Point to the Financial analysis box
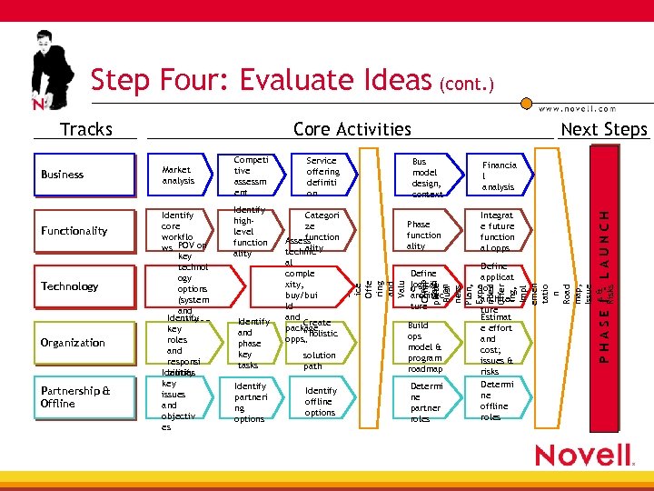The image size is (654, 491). coord(498,175)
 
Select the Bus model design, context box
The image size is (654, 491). coord(425,175)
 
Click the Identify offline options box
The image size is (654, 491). coord(321,401)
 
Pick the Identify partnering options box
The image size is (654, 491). coord(250,401)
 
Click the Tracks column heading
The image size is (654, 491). coord(85,129)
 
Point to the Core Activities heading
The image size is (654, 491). coord(352,129)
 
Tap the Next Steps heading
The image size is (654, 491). coord(603,129)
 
